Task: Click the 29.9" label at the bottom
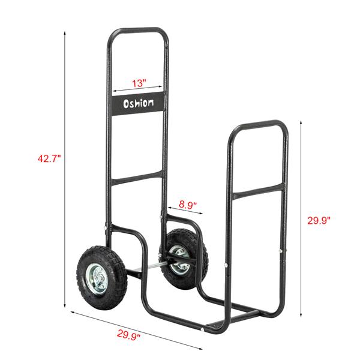click(x=128, y=337)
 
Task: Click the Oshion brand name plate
click(x=138, y=103)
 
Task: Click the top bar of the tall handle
click(x=138, y=30)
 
